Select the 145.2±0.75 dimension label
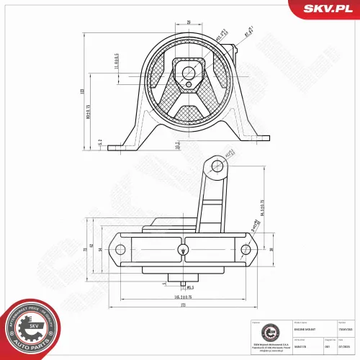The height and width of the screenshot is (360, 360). click(186, 297)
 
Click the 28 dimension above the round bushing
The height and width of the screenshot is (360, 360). click(189, 22)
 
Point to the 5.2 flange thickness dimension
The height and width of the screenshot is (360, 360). click(99, 143)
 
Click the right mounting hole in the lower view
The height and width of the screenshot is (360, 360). click(246, 250)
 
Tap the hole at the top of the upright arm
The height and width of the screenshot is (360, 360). click(216, 167)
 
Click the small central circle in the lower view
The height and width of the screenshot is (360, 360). click(183, 250)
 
